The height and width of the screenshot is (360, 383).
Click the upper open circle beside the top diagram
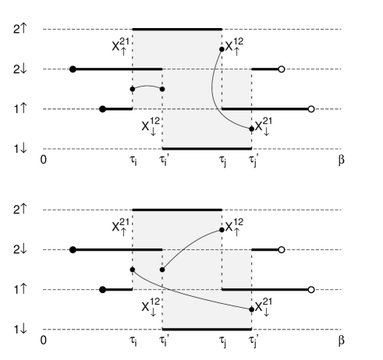pyautogui.click(x=282, y=69)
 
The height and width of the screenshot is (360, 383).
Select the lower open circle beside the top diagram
pyautogui.click(x=311, y=109)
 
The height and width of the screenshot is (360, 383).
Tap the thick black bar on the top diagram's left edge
pyautogui.click(x=147, y=69)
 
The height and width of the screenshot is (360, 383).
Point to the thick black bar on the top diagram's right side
pyautogui.click(x=236, y=109)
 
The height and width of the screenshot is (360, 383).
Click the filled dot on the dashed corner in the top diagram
pyautogui.click(x=162, y=89)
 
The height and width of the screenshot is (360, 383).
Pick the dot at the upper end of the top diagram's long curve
pyautogui.click(x=221, y=49)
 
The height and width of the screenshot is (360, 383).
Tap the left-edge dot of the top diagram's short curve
pyautogui.click(x=133, y=91)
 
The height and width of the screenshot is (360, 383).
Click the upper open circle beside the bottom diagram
pyautogui.click(x=282, y=250)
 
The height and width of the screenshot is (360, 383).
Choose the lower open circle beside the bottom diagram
pyautogui.click(x=311, y=290)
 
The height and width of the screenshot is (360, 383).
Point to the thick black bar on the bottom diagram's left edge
pyautogui.click(x=147, y=250)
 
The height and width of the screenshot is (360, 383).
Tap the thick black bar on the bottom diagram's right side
pyautogui.click(x=236, y=290)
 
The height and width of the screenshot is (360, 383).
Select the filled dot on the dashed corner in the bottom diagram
pyautogui.click(x=162, y=270)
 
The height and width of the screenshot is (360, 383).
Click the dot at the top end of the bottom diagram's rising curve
pyautogui.click(x=221, y=230)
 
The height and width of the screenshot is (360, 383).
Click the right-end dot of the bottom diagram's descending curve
pyautogui.click(x=250, y=309)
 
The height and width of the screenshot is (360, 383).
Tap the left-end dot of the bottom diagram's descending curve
pyautogui.click(x=133, y=270)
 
